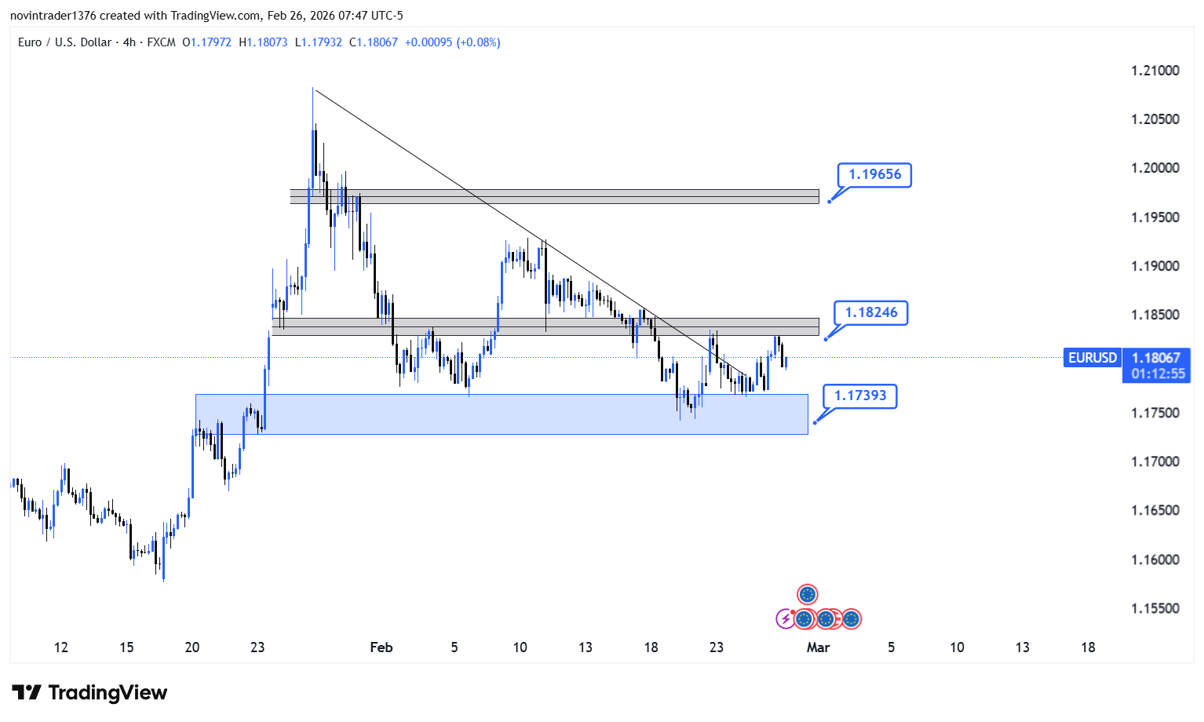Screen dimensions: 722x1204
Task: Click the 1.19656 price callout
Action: pyautogui.click(x=874, y=174)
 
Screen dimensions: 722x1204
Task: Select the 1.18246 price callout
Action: pyautogui.click(x=870, y=312)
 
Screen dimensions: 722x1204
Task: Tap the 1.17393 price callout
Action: pyautogui.click(x=859, y=396)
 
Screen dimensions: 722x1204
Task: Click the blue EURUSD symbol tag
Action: pyautogui.click(x=1092, y=358)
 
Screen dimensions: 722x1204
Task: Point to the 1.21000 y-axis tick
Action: pyautogui.click(x=1155, y=71)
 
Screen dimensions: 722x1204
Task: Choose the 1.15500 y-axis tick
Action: pyautogui.click(x=1155, y=608)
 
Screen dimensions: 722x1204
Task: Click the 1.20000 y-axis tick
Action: pyautogui.click(x=1155, y=168)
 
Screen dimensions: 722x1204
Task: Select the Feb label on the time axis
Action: pyautogui.click(x=381, y=647)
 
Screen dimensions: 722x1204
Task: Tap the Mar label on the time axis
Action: pyautogui.click(x=818, y=647)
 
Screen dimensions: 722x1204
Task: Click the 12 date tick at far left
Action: pyautogui.click(x=61, y=647)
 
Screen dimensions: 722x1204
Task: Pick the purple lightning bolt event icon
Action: pyautogui.click(x=785, y=619)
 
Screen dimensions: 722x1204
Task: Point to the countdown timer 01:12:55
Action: pyautogui.click(x=1158, y=374)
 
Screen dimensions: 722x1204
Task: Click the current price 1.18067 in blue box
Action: pyautogui.click(x=1156, y=358)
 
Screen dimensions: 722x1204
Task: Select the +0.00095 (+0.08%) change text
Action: pyautogui.click(x=452, y=42)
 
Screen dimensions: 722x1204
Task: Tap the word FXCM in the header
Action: pyautogui.click(x=161, y=42)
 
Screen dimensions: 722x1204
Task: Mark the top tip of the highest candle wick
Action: pyautogui.click(x=313, y=88)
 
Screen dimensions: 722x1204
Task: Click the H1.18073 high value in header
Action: pyautogui.click(x=263, y=42)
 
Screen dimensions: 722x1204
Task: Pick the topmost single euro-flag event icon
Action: pyautogui.click(x=807, y=594)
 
